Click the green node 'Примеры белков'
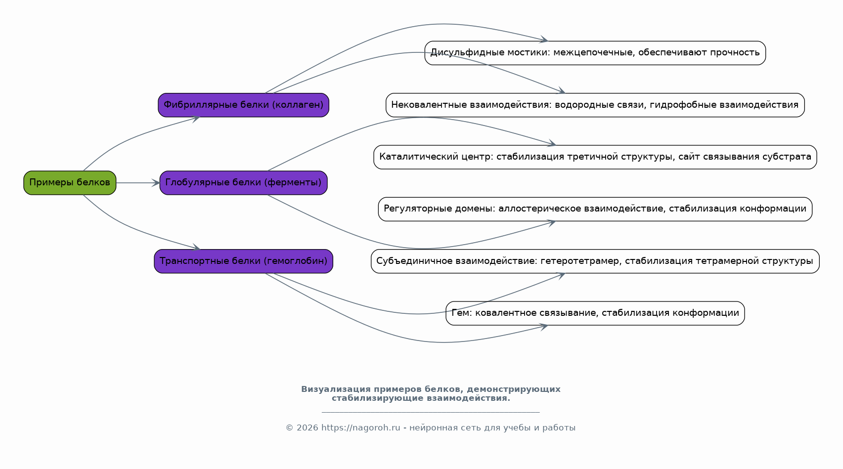pos(70,183)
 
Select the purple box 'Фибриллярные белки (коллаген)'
pos(243,105)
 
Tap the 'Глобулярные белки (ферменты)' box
pos(243,183)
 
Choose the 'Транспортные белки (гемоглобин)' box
pos(243,261)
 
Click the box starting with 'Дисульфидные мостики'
pos(595,53)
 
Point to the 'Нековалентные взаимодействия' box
pos(595,105)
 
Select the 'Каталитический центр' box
pos(595,157)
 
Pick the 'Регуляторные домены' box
pos(595,209)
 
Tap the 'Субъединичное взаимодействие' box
pos(595,261)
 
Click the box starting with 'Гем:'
pos(595,313)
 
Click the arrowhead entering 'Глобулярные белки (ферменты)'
pos(156,183)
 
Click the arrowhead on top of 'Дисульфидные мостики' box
pos(544,39)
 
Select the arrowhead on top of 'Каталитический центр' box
pos(551,143)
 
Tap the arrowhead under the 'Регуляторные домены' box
pos(551,223)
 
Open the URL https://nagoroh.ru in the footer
pos(360,427)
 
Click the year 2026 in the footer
pos(307,427)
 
